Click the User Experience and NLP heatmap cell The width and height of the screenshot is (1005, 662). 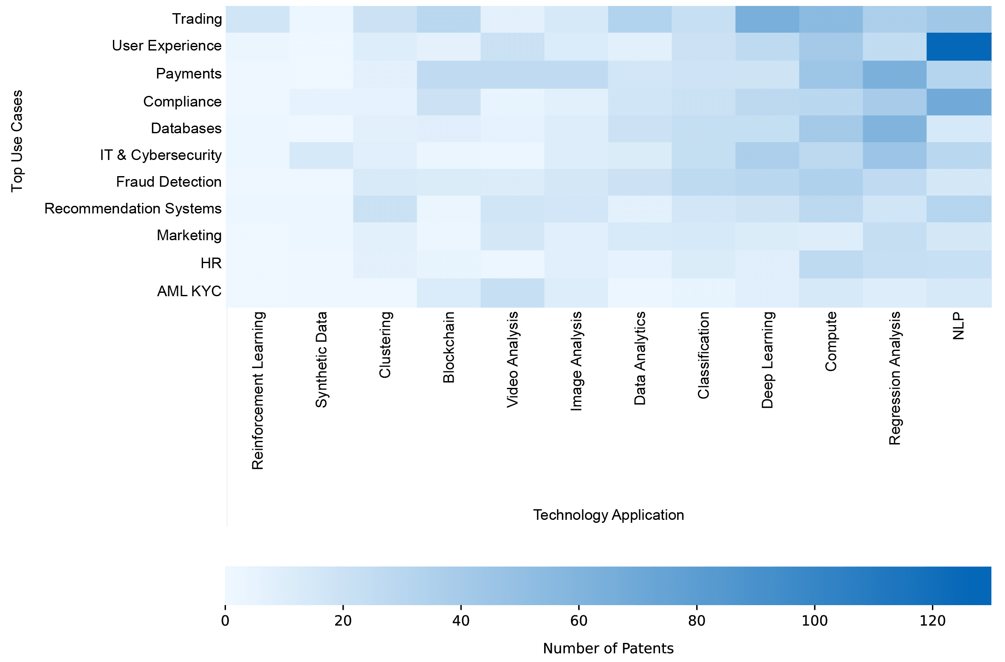pyautogui.click(x=959, y=47)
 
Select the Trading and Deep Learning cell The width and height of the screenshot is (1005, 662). pyautogui.click(x=767, y=20)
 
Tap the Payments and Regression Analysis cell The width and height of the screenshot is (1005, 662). pyautogui.click(x=895, y=75)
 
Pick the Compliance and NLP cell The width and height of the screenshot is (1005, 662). pyautogui.click(x=959, y=102)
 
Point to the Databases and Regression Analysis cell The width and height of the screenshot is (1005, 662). pyautogui.click(x=895, y=129)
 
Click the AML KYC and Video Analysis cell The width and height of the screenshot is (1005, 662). pyautogui.click(x=512, y=293)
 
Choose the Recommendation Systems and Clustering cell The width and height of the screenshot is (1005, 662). pyautogui.click(x=385, y=209)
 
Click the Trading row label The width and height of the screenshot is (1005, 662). pyautogui.click(x=197, y=19)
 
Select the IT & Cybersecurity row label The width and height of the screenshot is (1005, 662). pyautogui.click(x=161, y=155)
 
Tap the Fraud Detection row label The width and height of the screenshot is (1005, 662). pyautogui.click(x=169, y=182)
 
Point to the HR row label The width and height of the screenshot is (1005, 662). pyautogui.click(x=211, y=264)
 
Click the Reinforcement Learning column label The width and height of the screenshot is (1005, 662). pyautogui.click(x=258, y=390)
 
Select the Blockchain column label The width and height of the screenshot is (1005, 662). pyautogui.click(x=449, y=347)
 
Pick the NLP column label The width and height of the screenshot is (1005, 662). pyautogui.click(x=958, y=326)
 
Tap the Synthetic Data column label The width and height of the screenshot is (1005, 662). pyautogui.click(x=321, y=360)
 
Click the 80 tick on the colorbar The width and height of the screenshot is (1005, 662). pyautogui.click(x=697, y=620)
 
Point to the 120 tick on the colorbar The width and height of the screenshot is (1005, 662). pyautogui.click(x=932, y=620)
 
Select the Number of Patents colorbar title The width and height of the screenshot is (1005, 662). pyautogui.click(x=608, y=648)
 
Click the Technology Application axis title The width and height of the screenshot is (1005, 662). pyautogui.click(x=608, y=515)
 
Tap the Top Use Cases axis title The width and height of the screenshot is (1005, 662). pyautogui.click(x=17, y=141)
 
